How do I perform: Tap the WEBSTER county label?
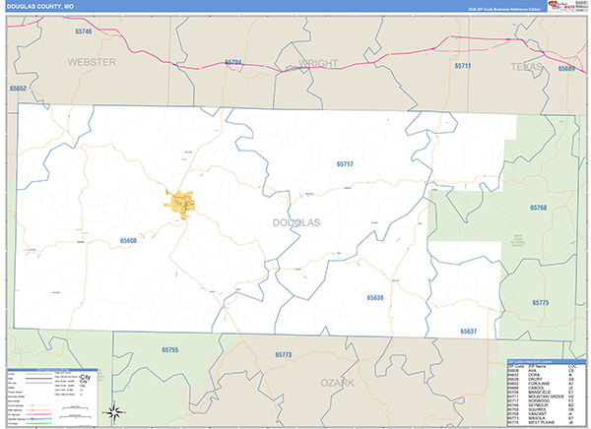coord(92,61)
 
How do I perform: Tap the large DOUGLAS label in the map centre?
coord(296,222)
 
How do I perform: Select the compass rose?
coord(116,411)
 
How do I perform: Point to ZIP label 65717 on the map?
coord(344,163)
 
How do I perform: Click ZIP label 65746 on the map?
coord(83,32)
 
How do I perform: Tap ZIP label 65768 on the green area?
coord(538,208)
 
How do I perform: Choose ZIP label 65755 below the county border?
coord(170,350)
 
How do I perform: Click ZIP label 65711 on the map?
coord(463,66)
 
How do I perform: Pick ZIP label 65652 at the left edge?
coord(19,88)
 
